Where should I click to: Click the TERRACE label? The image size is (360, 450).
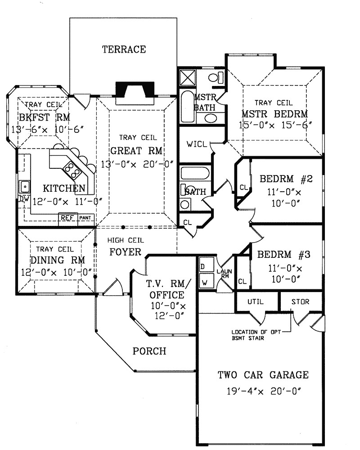click(124, 49)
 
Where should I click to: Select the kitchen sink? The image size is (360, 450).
click(24, 185)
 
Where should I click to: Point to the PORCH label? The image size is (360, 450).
click(149, 351)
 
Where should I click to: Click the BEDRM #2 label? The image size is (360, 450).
click(286, 179)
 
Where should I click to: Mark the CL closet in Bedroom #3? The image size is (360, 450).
click(242, 281)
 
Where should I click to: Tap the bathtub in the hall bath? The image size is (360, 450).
click(194, 174)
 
